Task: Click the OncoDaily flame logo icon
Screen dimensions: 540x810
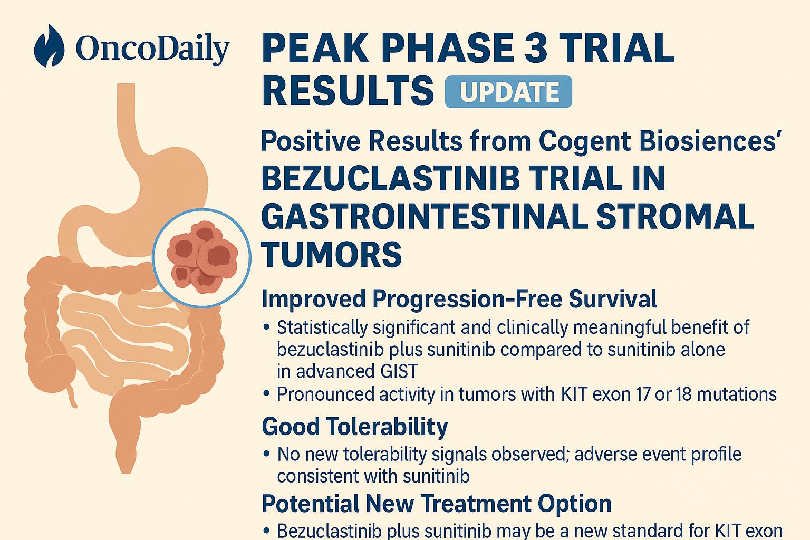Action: coord(49,46)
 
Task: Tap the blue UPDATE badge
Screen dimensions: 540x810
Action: coord(508,92)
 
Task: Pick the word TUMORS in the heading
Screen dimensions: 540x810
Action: coord(332,254)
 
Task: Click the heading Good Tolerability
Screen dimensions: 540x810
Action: coord(355,426)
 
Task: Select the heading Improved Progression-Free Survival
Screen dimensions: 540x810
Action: coord(459,298)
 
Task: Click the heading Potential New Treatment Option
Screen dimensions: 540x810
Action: coord(437,503)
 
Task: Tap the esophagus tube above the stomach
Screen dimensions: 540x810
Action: coord(128,116)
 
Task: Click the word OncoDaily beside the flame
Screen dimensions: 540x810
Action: coord(152,49)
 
